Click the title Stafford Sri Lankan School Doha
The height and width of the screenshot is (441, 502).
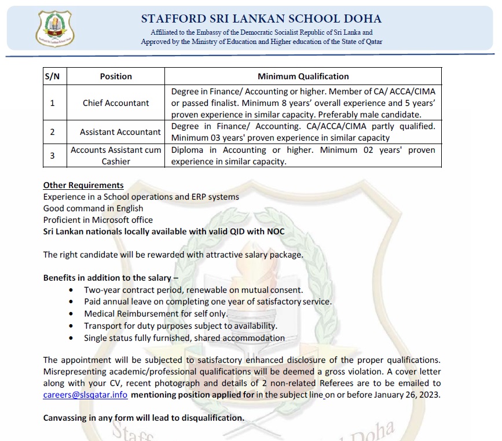pos(261,19)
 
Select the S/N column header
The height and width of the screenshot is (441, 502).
pos(52,76)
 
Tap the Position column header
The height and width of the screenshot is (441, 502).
pos(116,76)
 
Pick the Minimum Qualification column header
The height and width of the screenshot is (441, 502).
pos(303,76)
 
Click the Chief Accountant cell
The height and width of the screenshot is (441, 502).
pos(116,103)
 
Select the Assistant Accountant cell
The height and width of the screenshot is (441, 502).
pos(120,132)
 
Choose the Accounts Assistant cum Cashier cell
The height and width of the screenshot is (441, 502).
pos(116,156)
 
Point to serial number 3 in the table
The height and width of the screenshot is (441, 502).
pos(52,156)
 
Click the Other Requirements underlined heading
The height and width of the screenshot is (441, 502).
pos(83,185)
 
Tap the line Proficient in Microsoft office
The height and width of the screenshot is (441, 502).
pos(98,220)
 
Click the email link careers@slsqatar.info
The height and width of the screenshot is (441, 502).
pos(85,395)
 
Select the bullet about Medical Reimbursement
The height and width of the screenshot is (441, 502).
pos(156,314)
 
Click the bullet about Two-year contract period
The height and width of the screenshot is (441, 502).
pos(193,289)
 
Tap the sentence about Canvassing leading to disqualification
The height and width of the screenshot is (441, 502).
pos(144,418)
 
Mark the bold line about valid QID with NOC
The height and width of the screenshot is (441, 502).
pos(164,231)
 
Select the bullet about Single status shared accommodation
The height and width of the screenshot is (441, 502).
pos(184,338)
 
